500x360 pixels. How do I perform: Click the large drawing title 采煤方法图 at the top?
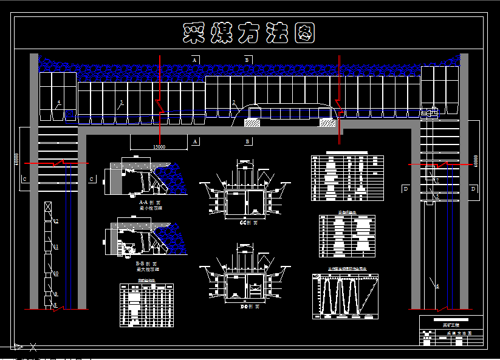coord(249,34)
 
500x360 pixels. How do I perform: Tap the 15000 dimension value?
coord(159,146)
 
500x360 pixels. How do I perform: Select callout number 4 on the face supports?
coord(59,102)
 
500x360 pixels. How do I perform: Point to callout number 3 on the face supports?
coord(122,102)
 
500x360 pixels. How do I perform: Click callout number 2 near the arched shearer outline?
coord(233,102)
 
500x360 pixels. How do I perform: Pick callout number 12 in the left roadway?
coord(56,222)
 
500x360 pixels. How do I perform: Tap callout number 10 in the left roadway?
coord(56,274)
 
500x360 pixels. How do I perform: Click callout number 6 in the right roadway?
coord(437,286)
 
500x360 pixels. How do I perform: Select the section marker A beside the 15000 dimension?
coord(195,141)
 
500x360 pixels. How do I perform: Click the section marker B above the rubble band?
coord(247,59)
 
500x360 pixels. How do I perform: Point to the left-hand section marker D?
coord(405,189)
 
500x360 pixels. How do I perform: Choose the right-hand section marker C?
coord(91,179)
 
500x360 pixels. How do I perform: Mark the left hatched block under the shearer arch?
coord(252,123)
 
